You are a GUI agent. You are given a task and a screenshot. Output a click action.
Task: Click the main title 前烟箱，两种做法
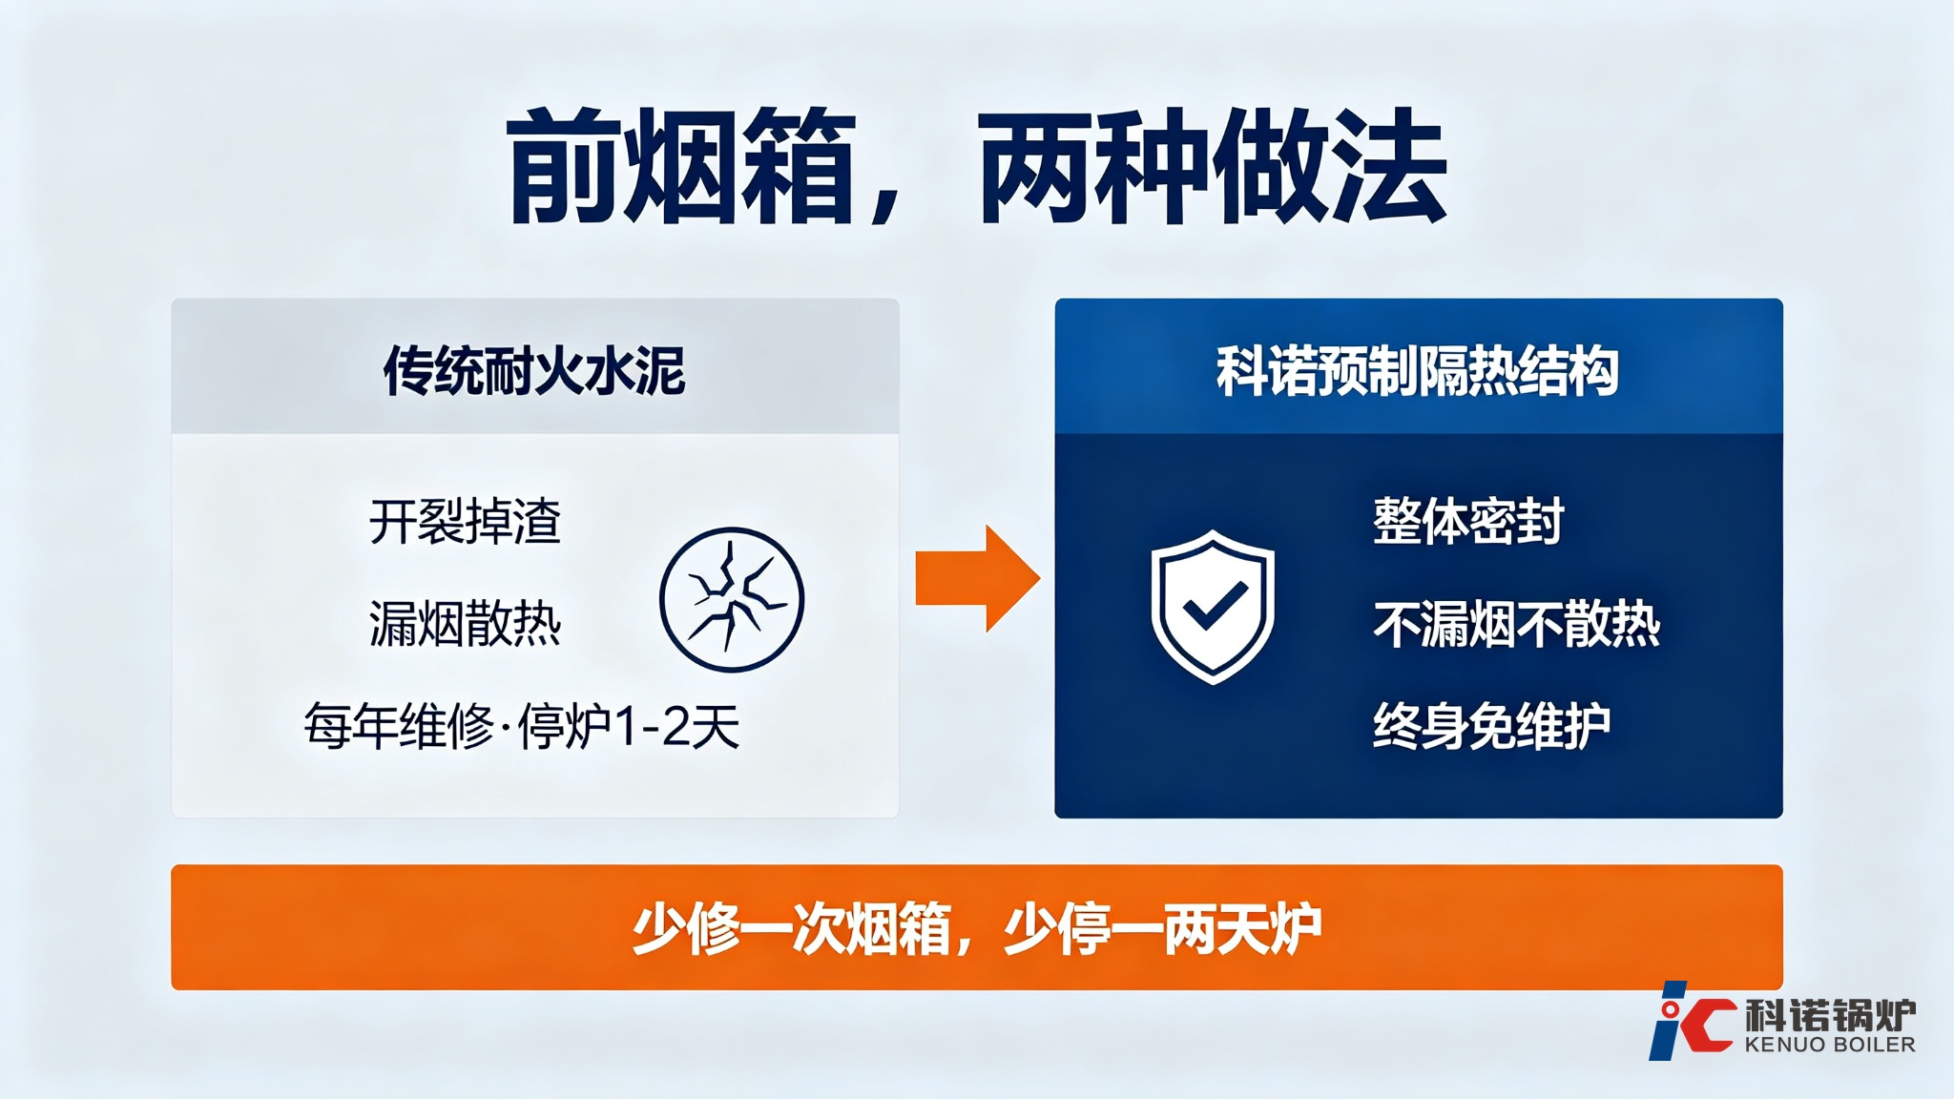click(978, 167)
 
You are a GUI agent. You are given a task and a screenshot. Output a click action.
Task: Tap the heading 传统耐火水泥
click(534, 370)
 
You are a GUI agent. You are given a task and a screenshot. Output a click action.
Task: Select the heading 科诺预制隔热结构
click(1418, 370)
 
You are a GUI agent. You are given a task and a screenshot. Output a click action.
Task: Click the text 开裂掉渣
click(465, 521)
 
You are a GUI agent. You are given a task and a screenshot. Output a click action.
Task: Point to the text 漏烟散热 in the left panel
click(465, 624)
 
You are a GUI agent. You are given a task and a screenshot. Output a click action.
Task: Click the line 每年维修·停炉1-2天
click(522, 727)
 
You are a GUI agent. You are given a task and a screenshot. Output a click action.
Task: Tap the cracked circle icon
click(732, 600)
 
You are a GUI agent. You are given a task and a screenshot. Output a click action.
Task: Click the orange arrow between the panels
click(978, 578)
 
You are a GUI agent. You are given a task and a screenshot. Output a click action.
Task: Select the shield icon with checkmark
click(1213, 607)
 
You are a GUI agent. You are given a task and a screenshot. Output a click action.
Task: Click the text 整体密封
click(1468, 521)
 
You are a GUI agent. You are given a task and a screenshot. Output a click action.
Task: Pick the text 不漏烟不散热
click(1517, 624)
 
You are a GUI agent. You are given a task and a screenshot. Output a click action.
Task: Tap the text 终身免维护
click(1492, 727)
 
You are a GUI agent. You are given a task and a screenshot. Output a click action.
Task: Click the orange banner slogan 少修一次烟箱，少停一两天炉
click(977, 928)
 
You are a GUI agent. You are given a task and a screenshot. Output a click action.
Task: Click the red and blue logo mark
click(1691, 1021)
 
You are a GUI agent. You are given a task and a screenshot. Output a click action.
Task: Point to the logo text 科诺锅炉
click(1830, 1015)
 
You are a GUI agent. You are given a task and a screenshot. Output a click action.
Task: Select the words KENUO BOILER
click(1830, 1045)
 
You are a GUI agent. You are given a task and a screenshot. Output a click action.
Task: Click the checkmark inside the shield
click(1216, 606)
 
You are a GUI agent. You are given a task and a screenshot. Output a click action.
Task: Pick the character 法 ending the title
click(1390, 167)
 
